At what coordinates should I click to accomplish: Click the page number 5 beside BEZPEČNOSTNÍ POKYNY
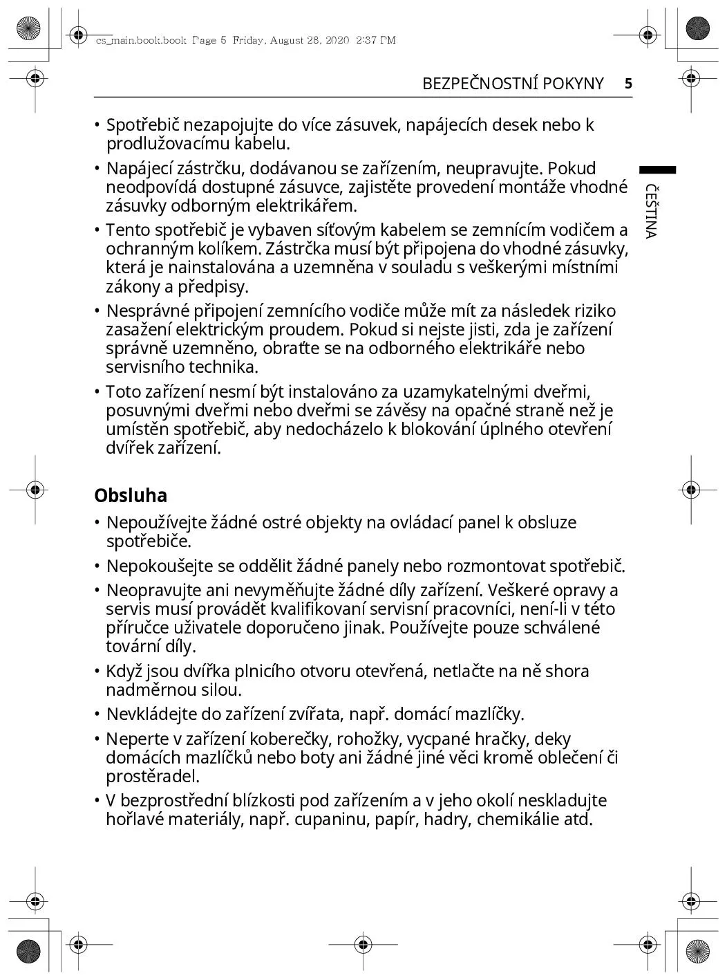point(628,84)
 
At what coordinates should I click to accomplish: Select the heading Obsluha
point(131,495)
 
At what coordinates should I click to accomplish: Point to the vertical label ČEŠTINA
point(650,211)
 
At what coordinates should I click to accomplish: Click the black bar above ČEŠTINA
point(657,170)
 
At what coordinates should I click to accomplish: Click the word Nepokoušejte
point(160,566)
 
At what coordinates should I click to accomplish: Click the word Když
point(123,672)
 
